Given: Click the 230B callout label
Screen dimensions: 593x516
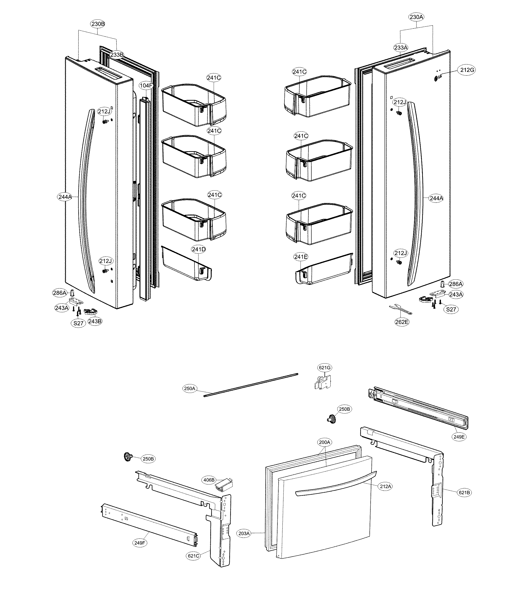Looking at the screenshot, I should coord(98,24).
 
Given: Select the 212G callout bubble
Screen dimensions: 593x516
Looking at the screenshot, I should coord(467,70).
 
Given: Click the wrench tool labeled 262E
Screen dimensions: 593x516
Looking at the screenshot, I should coord(400,310).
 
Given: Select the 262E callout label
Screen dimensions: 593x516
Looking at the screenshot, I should coord(402,322).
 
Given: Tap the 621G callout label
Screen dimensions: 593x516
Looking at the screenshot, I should coord(324,368).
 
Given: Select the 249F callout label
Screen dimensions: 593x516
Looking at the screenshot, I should coord(140,543).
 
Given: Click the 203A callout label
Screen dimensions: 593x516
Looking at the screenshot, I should coord(244,533).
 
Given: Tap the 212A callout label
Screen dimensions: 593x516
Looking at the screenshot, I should coord(386,487).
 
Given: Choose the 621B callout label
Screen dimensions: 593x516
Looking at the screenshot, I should coord(464,493).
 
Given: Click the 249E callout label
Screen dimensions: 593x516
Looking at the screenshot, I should coord(459,437).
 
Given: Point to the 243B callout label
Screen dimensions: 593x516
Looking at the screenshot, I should coord(95,321).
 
